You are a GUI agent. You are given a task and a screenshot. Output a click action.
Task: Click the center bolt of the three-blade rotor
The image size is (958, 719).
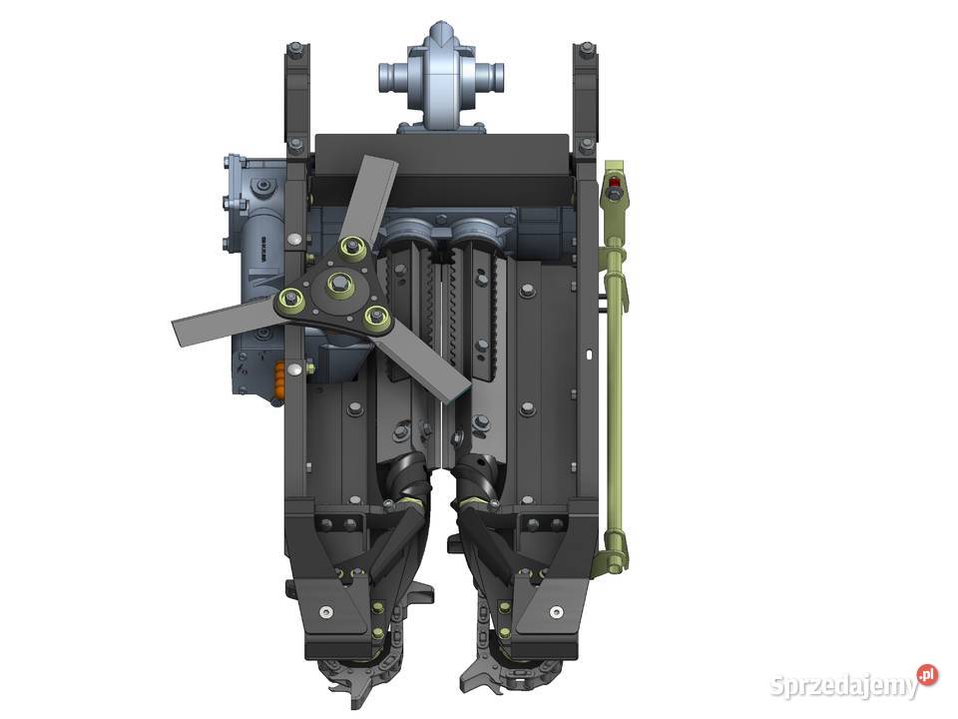337,283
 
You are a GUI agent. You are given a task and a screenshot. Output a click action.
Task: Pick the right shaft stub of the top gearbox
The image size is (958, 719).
490,77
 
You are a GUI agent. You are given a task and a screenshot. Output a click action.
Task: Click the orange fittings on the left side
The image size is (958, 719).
278,377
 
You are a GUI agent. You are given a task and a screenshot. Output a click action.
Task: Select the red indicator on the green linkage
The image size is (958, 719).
614,182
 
